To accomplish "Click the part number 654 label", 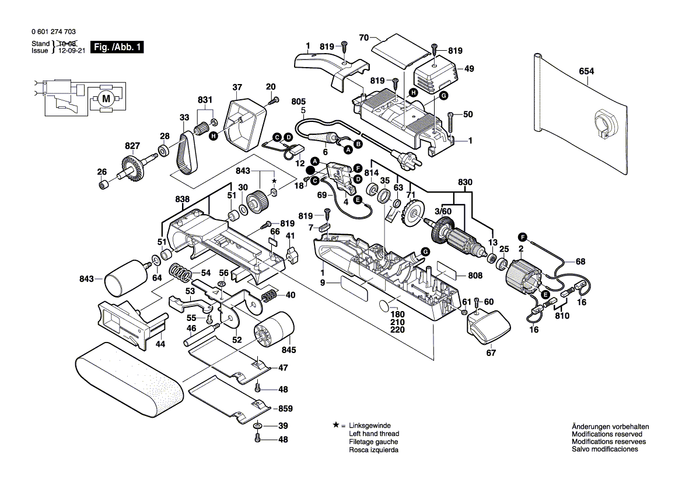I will (x=586, y=71).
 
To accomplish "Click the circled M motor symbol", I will (x=106, y=99).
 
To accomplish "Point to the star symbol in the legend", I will (x=336, y=425).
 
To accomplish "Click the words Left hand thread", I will (x=374, y=434).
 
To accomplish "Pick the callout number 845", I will (x=289, y=350).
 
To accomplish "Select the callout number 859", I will (x=285, y=408).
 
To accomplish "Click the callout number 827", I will (x=132, y=145).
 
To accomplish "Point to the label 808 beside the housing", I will (x=475, y=276).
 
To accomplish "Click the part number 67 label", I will (x=491, y=352).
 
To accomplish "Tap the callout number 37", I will (x=237, y=88).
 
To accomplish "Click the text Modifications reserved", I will (x=607, y=434).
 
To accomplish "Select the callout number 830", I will (x=464, y=181).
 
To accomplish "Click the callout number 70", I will (x=364, y=37).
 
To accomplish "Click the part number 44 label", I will (x=160, y=344).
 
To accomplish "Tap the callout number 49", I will (x=469, y=68).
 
